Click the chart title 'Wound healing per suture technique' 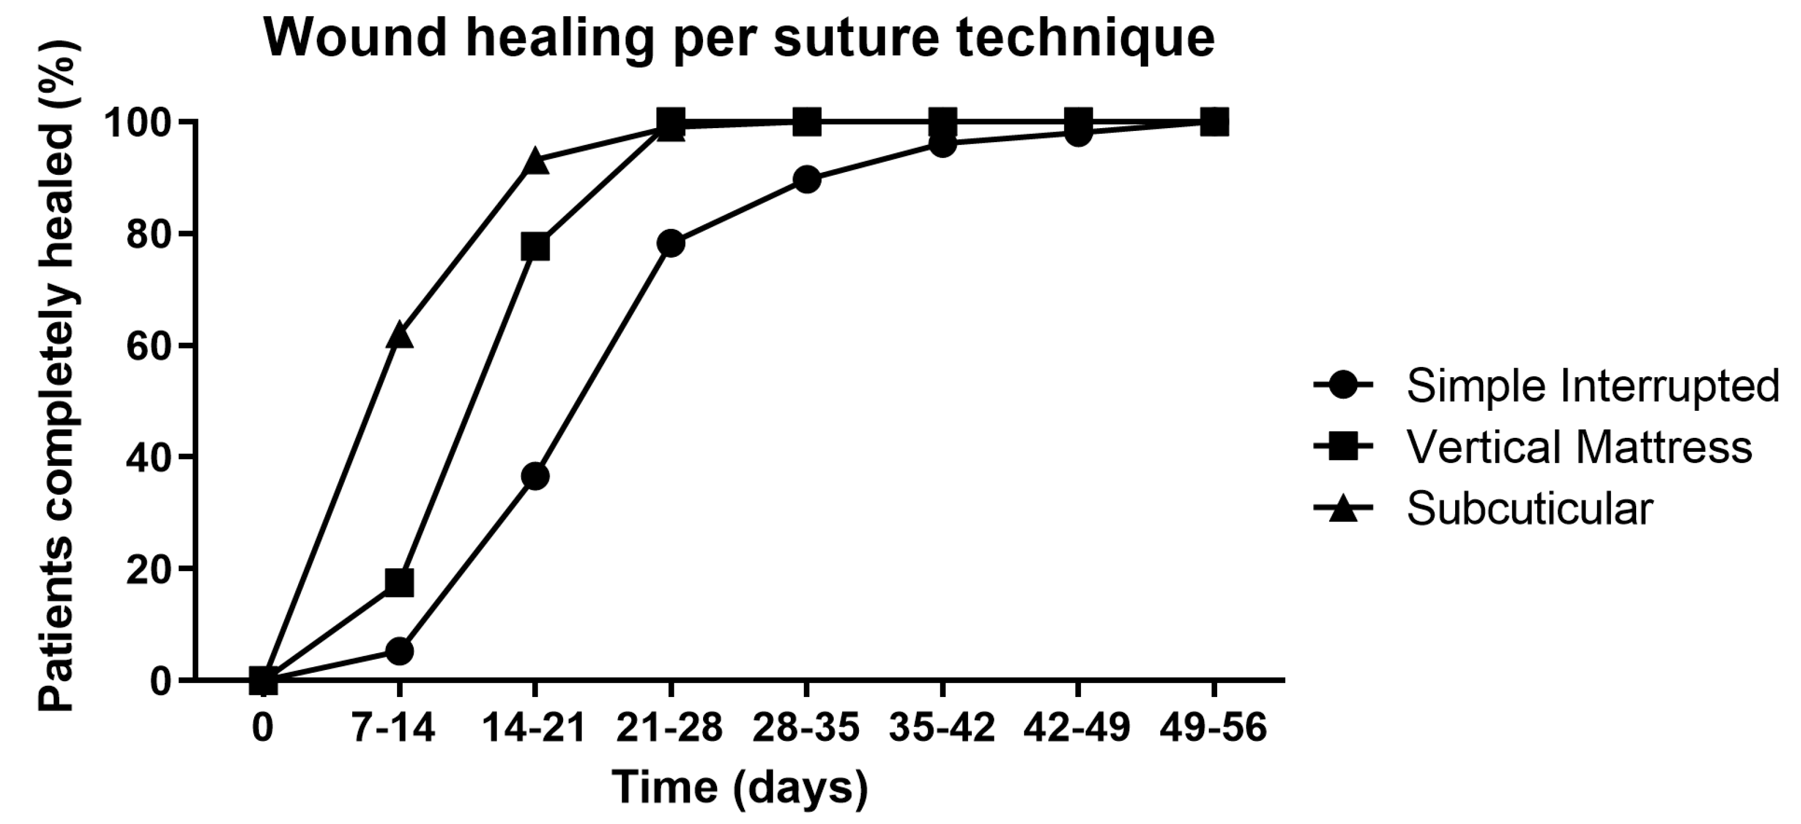740,38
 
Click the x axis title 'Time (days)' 740,786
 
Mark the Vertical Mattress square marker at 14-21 535,247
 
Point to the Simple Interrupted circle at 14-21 535,477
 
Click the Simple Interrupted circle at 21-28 670,243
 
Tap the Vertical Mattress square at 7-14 399,582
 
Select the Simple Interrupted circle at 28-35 807,180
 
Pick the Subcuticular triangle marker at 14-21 535,161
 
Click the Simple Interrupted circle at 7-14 399,651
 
